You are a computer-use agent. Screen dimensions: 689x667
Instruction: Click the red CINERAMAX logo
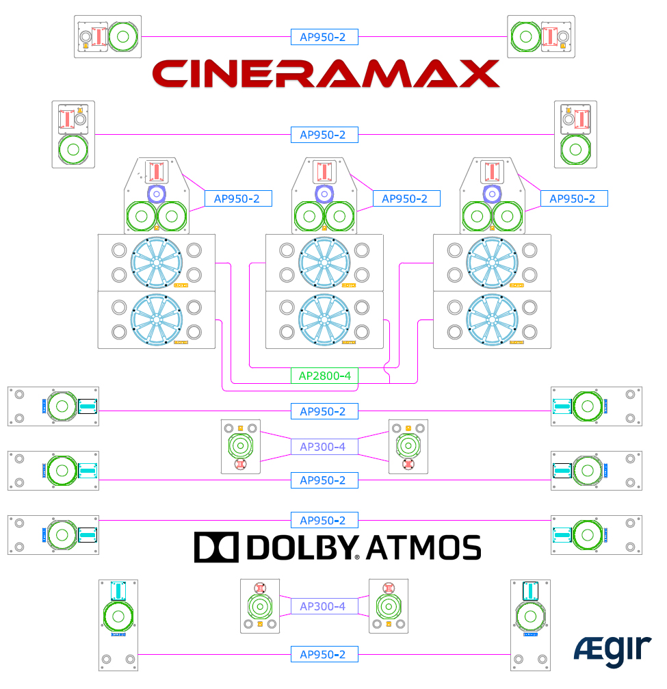click(325, 73)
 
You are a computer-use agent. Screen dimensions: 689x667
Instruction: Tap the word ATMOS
click(423, 547)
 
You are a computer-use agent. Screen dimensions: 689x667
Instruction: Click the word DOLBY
click(300, 547)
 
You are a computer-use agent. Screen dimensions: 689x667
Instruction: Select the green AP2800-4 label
click(324, 376)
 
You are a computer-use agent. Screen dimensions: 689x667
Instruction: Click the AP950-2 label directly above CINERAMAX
click(324, 37)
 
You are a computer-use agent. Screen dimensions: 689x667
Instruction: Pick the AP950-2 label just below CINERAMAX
click(324, 135)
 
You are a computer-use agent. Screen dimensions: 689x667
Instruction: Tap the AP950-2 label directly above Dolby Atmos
click(324, 520)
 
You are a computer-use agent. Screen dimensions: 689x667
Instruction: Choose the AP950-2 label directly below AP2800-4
click(324, 411)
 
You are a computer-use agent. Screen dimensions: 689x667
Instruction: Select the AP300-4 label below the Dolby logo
click(324, 606)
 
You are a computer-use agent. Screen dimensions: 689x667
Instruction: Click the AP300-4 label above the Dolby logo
click(324, 447)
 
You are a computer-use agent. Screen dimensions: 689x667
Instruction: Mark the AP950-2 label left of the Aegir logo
click(324, 654)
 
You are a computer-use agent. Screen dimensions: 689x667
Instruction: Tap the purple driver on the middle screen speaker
click(324, 194)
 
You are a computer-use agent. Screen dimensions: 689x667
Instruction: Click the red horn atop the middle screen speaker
click(324, 171)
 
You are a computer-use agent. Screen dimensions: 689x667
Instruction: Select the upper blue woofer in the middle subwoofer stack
click(324, 262)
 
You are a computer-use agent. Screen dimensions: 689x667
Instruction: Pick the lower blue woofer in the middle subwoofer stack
click(324, 320)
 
